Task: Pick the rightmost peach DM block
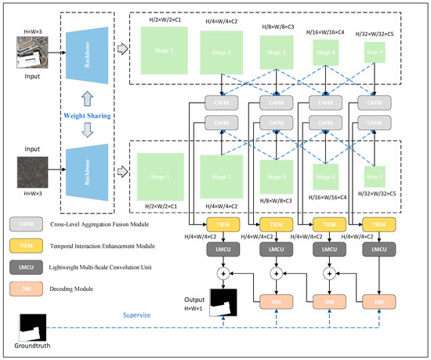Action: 378,302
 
